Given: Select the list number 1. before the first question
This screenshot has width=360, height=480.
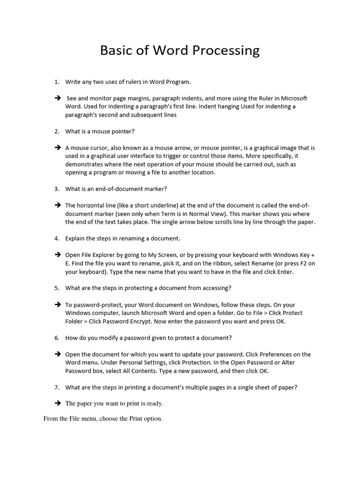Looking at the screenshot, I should point(57,82).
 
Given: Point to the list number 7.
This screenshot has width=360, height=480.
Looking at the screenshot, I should point(57,387).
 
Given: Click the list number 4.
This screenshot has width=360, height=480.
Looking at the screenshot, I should point(57,239).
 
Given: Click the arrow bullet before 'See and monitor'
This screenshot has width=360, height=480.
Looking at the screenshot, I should point(58,98).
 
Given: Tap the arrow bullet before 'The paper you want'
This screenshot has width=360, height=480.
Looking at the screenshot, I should point(58,403).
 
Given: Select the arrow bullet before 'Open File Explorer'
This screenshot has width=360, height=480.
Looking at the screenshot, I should point(58,255).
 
